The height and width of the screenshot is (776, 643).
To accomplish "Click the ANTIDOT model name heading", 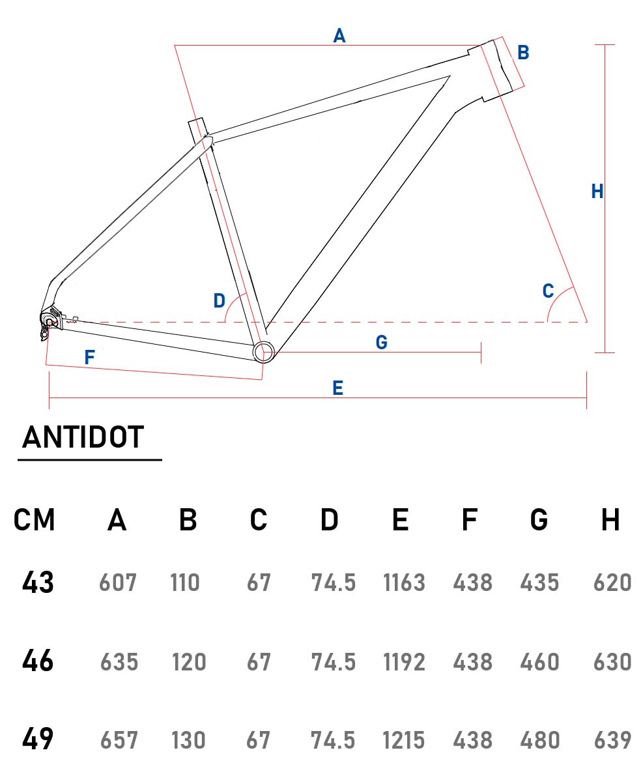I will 83,437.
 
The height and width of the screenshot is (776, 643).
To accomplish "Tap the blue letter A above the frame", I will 339,36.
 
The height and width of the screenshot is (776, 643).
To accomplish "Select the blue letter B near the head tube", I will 523,53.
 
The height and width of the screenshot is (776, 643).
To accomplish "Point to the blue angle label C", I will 549,291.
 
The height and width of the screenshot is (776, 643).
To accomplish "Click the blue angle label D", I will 220,301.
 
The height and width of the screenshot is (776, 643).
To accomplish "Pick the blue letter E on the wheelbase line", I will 337,389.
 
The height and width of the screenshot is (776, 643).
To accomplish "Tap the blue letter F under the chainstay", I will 90,357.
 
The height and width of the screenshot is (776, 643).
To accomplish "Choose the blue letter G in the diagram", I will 382,343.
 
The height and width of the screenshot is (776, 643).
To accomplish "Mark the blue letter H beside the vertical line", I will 597,192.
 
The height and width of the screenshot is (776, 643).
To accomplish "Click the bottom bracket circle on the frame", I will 263,352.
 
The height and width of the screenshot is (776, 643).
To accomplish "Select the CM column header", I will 35,520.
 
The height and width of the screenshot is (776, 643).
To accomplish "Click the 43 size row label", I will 38,582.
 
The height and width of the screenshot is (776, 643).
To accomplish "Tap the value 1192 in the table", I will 404,662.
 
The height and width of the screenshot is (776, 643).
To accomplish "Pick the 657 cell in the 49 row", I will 119,740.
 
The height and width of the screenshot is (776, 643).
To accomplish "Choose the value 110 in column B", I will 185,582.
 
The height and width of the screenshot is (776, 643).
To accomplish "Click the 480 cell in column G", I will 539,740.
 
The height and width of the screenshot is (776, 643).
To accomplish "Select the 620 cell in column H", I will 612,582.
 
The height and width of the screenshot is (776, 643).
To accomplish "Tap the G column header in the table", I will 539,520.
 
